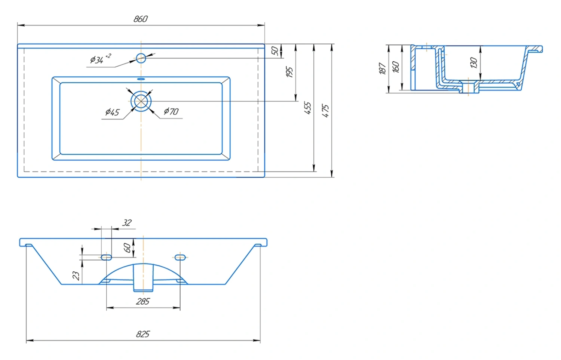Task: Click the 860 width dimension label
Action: pos(141,19)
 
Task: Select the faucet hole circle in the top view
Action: pos(141,58)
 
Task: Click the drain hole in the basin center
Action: pos(141,101)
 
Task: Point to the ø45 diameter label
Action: pos(112,112)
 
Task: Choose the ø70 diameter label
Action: pos(171,111)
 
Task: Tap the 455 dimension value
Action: pos(307,108)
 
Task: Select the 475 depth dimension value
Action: pos(325,111)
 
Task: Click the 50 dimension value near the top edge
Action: pos(275,51)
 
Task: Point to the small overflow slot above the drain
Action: pos(141,79)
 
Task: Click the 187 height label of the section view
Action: pos(383,68)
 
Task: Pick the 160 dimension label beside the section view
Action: pos(396,67)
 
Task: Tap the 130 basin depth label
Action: pos(473,62)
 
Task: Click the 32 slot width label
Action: pos(127,222)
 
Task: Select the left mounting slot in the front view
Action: pos(106,257)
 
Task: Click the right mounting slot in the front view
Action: pos(180,257)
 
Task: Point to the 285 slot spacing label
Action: pos(143,301)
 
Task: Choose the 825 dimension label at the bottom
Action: pos(143,334)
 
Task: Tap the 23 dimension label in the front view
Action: pos(76,276)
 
